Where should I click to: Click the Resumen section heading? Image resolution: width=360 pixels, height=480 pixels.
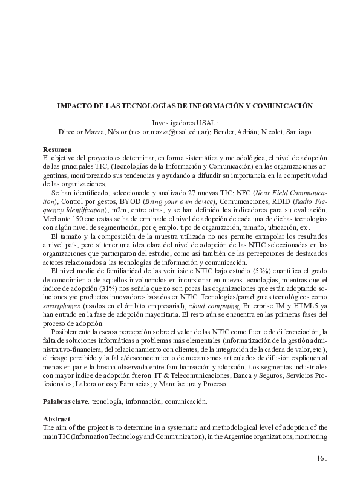pyautogui.click(x=57, y=148)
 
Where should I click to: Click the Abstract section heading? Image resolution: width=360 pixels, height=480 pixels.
pyautogui.click(x=57, y=418)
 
